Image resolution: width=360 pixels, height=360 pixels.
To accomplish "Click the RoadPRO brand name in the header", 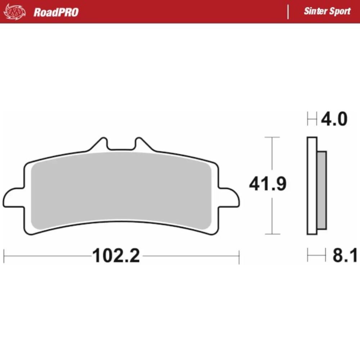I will click(x=56, y=12).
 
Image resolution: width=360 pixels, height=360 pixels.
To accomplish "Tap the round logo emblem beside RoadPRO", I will click(x=15, y=12).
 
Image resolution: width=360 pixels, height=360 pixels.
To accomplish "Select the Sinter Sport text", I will click(x=327, y=11).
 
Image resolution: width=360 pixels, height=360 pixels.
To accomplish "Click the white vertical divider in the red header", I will click(x=288, y=12).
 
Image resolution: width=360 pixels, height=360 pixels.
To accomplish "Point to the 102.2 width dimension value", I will click(x=116, y=256).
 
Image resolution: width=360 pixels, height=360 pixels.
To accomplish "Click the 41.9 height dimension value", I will click(x=268, y=184).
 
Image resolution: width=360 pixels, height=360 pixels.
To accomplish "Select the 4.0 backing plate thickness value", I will click(x=334, y=119).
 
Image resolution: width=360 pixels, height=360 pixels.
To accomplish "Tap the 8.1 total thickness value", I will click(x=345, y=256).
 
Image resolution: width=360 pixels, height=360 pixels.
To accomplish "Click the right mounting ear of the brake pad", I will click(x=229, y=197).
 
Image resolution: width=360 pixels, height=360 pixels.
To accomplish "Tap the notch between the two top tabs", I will click(x=121, y=146).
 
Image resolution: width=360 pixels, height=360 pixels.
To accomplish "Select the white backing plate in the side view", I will click(x=312, y=185).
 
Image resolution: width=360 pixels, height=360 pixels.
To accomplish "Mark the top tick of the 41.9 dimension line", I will click(x=272, y=137).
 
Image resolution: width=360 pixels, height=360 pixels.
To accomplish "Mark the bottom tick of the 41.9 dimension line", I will click(x=272, y=234).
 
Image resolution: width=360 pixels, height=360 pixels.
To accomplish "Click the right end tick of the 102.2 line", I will click(x=239, y=256).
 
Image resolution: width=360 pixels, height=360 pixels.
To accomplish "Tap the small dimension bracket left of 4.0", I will click(x=312, y=119).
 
